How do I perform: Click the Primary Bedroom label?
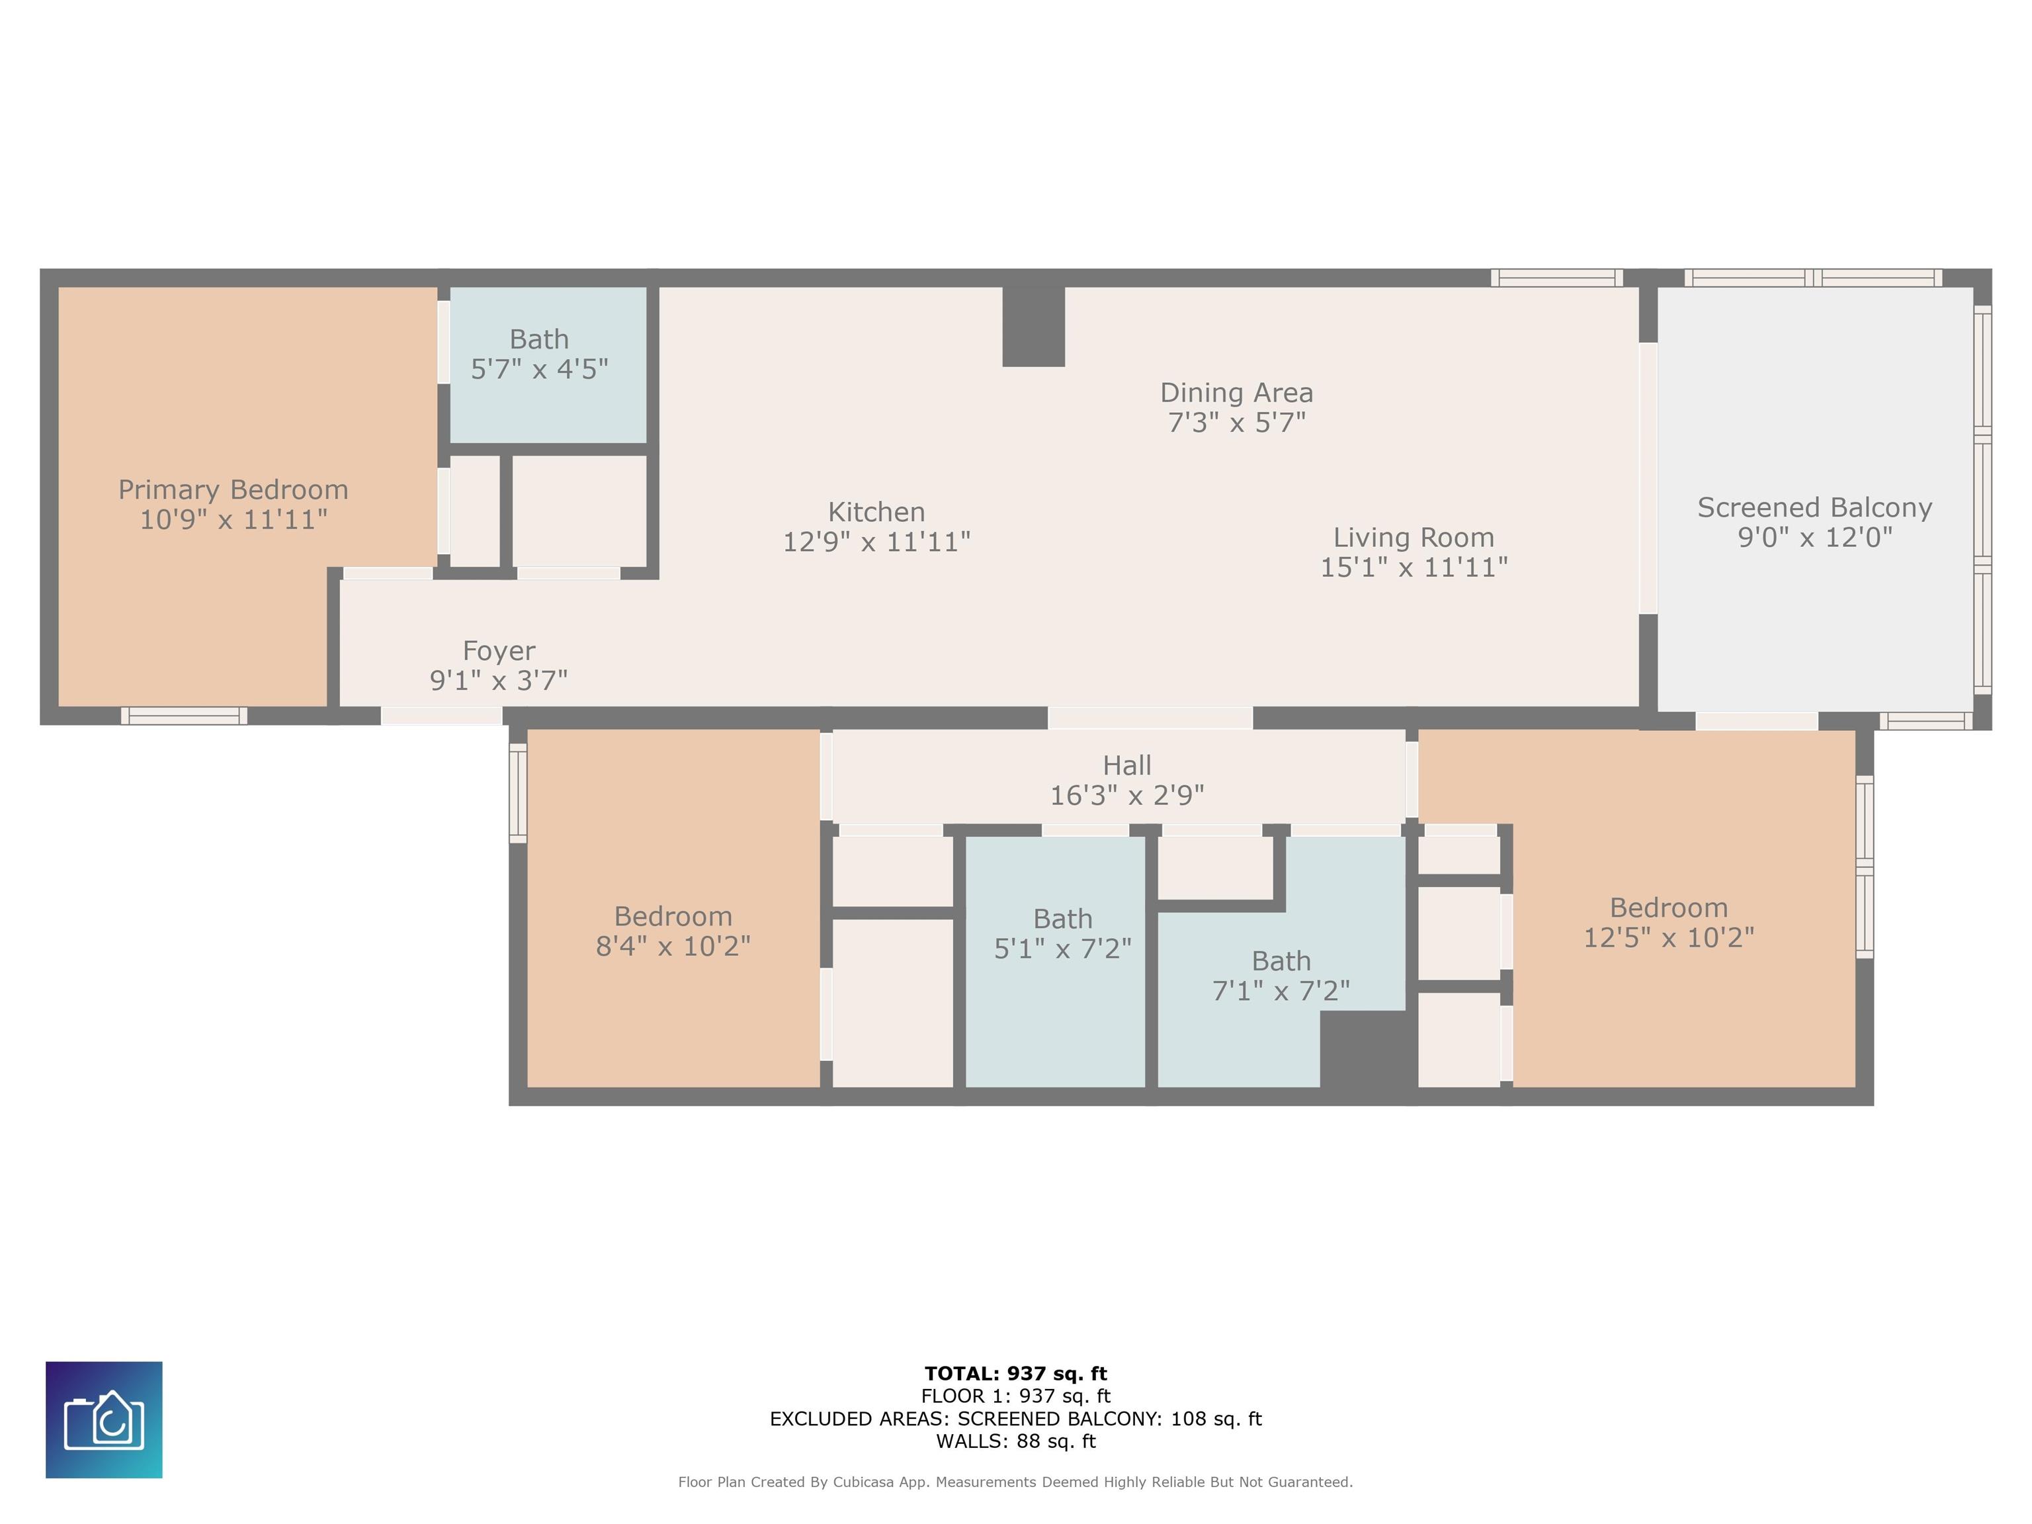click(x=233, y=489)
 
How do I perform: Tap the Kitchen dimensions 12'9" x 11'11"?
click(x=876, y=542)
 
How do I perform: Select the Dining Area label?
click(x=1236, y=393)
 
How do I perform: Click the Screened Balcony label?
click(x=1814, y=508)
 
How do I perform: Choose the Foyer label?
click(x=499, y=652)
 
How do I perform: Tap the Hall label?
click(x=1127, y=765)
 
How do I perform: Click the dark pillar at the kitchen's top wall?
click(x=1033, y=326)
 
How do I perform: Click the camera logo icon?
click(x=104, y=1420)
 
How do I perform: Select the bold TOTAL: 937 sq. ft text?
click(x=1016, y=1373)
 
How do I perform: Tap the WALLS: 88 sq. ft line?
click(x=1016, y=1441)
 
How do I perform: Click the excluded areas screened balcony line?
click(x=1016, y=1418)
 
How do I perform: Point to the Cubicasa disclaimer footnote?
click(x=1016, y=1482)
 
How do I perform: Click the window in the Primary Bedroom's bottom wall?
click(x=184, y=716)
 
